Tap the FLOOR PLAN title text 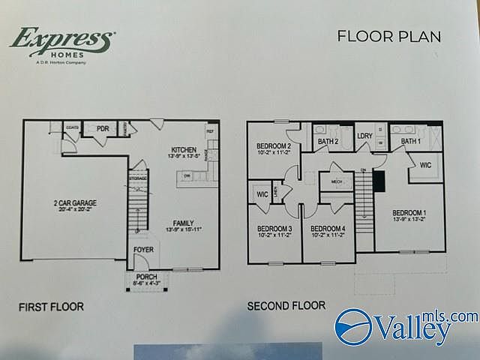(388, 36)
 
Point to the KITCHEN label (183, 149)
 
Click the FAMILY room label (184, 223)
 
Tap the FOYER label (143, 249)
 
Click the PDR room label (103, 129)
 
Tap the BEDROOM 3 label (274, 228)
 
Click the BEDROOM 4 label (328, 228)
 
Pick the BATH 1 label (410, 141)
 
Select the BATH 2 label (328, 141)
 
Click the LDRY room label (364, 136)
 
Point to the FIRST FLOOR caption (52, 307)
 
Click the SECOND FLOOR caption (286, 305)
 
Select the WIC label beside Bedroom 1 (425, 165)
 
